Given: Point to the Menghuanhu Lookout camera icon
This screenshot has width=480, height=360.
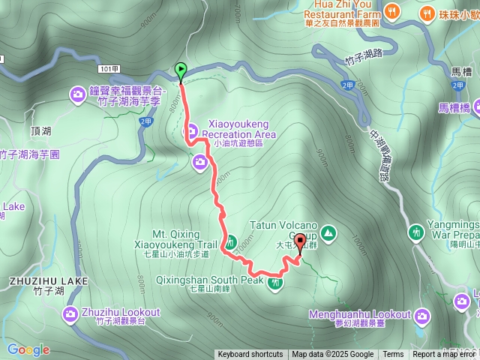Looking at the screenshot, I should (x=422, y=314).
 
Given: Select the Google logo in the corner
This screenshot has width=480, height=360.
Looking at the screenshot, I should (x=28, y=349).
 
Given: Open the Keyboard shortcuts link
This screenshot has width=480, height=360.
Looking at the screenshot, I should (x=250, y=355).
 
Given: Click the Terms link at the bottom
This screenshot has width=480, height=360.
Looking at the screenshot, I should (x=393, y=355).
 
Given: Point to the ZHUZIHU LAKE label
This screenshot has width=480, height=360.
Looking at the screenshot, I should (x=48, y=281).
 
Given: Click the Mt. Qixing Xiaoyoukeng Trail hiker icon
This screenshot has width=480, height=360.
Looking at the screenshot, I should (x=231, y=241).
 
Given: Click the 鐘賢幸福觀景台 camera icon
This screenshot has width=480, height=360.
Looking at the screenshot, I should (x=78, y=94).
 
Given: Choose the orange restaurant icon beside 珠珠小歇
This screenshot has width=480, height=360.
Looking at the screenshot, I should (x=427, y=12).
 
